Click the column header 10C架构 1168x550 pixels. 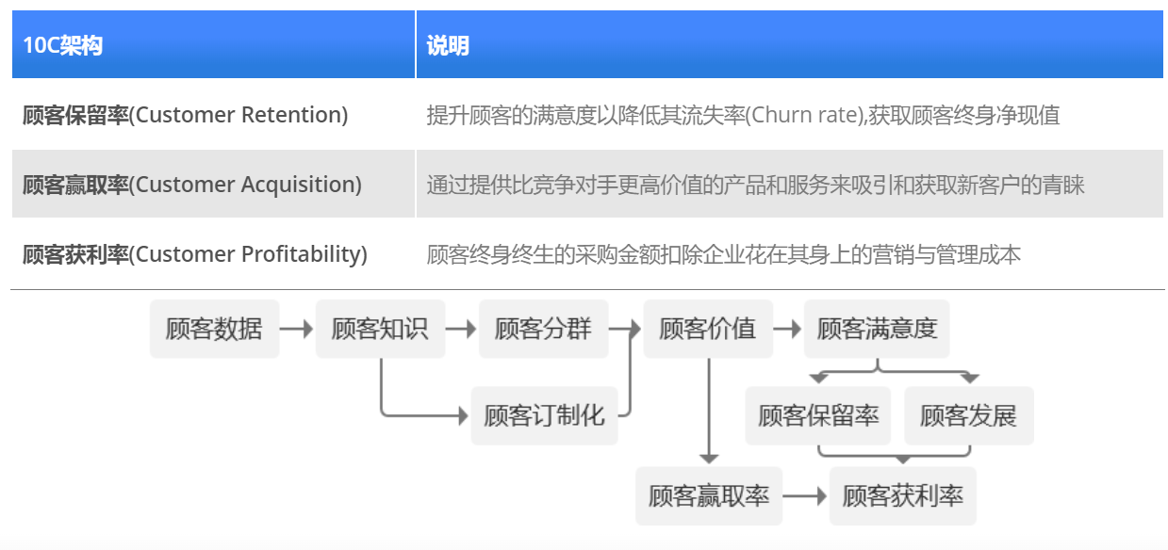pyautogui.click(x=63, y=45)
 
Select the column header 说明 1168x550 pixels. pyautogui.click(x=448, y=45)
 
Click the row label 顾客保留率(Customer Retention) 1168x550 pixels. pyautogui.click(x=185, y=115)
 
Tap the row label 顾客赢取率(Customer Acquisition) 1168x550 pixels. pyautogui.click(x=191, y=185)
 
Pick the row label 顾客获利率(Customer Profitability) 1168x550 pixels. pyautogui.click(x=194, y=254)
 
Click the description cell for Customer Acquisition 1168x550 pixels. pyautogui.click(x=754, y=185)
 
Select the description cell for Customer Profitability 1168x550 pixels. pyautogui.click(x=723, y=254)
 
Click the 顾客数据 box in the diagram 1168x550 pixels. pyautogui.click(x=214, y=329)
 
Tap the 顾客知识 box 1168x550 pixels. pyautogui.click(x=379, y=329)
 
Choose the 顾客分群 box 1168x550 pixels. pyautogui.click(x=543, y=329)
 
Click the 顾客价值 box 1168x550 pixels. pyautogui.click(x=707, y=329)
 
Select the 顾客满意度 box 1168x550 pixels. pyautogui.click(x=877, y=329)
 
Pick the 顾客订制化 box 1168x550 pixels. pyautogui.click(x=544, y=415)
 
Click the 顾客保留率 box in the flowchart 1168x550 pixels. pyautogui.click(x=817, y=415)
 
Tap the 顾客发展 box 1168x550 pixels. pyautogui.click(x=968, y=415)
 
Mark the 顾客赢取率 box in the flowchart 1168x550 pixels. pyautogui.click(x=709, y=495)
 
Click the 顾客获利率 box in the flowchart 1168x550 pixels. pyautogui.click(x=902, y=495)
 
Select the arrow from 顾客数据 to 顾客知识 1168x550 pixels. pyautogui.click(x=297, y=330)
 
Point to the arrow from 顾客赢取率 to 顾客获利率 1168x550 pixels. pyautogui.click(x=805, y=495)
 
